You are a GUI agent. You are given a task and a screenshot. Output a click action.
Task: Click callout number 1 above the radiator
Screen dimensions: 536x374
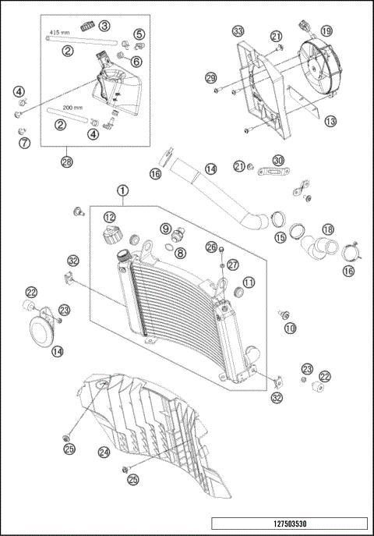[x=122, y=190]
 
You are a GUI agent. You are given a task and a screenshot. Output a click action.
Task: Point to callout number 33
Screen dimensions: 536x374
[x=238, y=31]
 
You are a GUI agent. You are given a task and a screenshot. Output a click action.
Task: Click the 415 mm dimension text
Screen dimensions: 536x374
[x=60, y=34]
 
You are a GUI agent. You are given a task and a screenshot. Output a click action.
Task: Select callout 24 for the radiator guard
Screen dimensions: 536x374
[x=104, y=451]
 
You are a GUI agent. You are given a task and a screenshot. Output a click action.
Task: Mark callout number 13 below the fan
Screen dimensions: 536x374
[x=331, y=121]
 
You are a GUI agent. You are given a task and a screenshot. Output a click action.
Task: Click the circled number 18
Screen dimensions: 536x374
[x=327, y=229]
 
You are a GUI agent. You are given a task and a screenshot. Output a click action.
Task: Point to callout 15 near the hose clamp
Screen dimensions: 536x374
[x=279, y=236]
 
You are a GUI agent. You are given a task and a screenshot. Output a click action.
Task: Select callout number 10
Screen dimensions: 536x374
[x=291, y=329]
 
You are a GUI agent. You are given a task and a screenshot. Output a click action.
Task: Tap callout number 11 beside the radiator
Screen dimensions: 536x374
[x=249, y=282]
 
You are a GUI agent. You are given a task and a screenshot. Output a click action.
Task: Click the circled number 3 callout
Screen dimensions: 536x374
[x=104, y=25]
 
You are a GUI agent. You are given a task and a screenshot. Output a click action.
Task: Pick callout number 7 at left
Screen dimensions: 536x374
[x=23, y=142]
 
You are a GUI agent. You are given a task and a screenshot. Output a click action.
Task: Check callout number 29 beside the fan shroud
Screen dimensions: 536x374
[x=210, y=78]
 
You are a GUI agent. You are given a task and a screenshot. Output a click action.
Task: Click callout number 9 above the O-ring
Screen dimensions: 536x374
[x=166, y=228]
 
